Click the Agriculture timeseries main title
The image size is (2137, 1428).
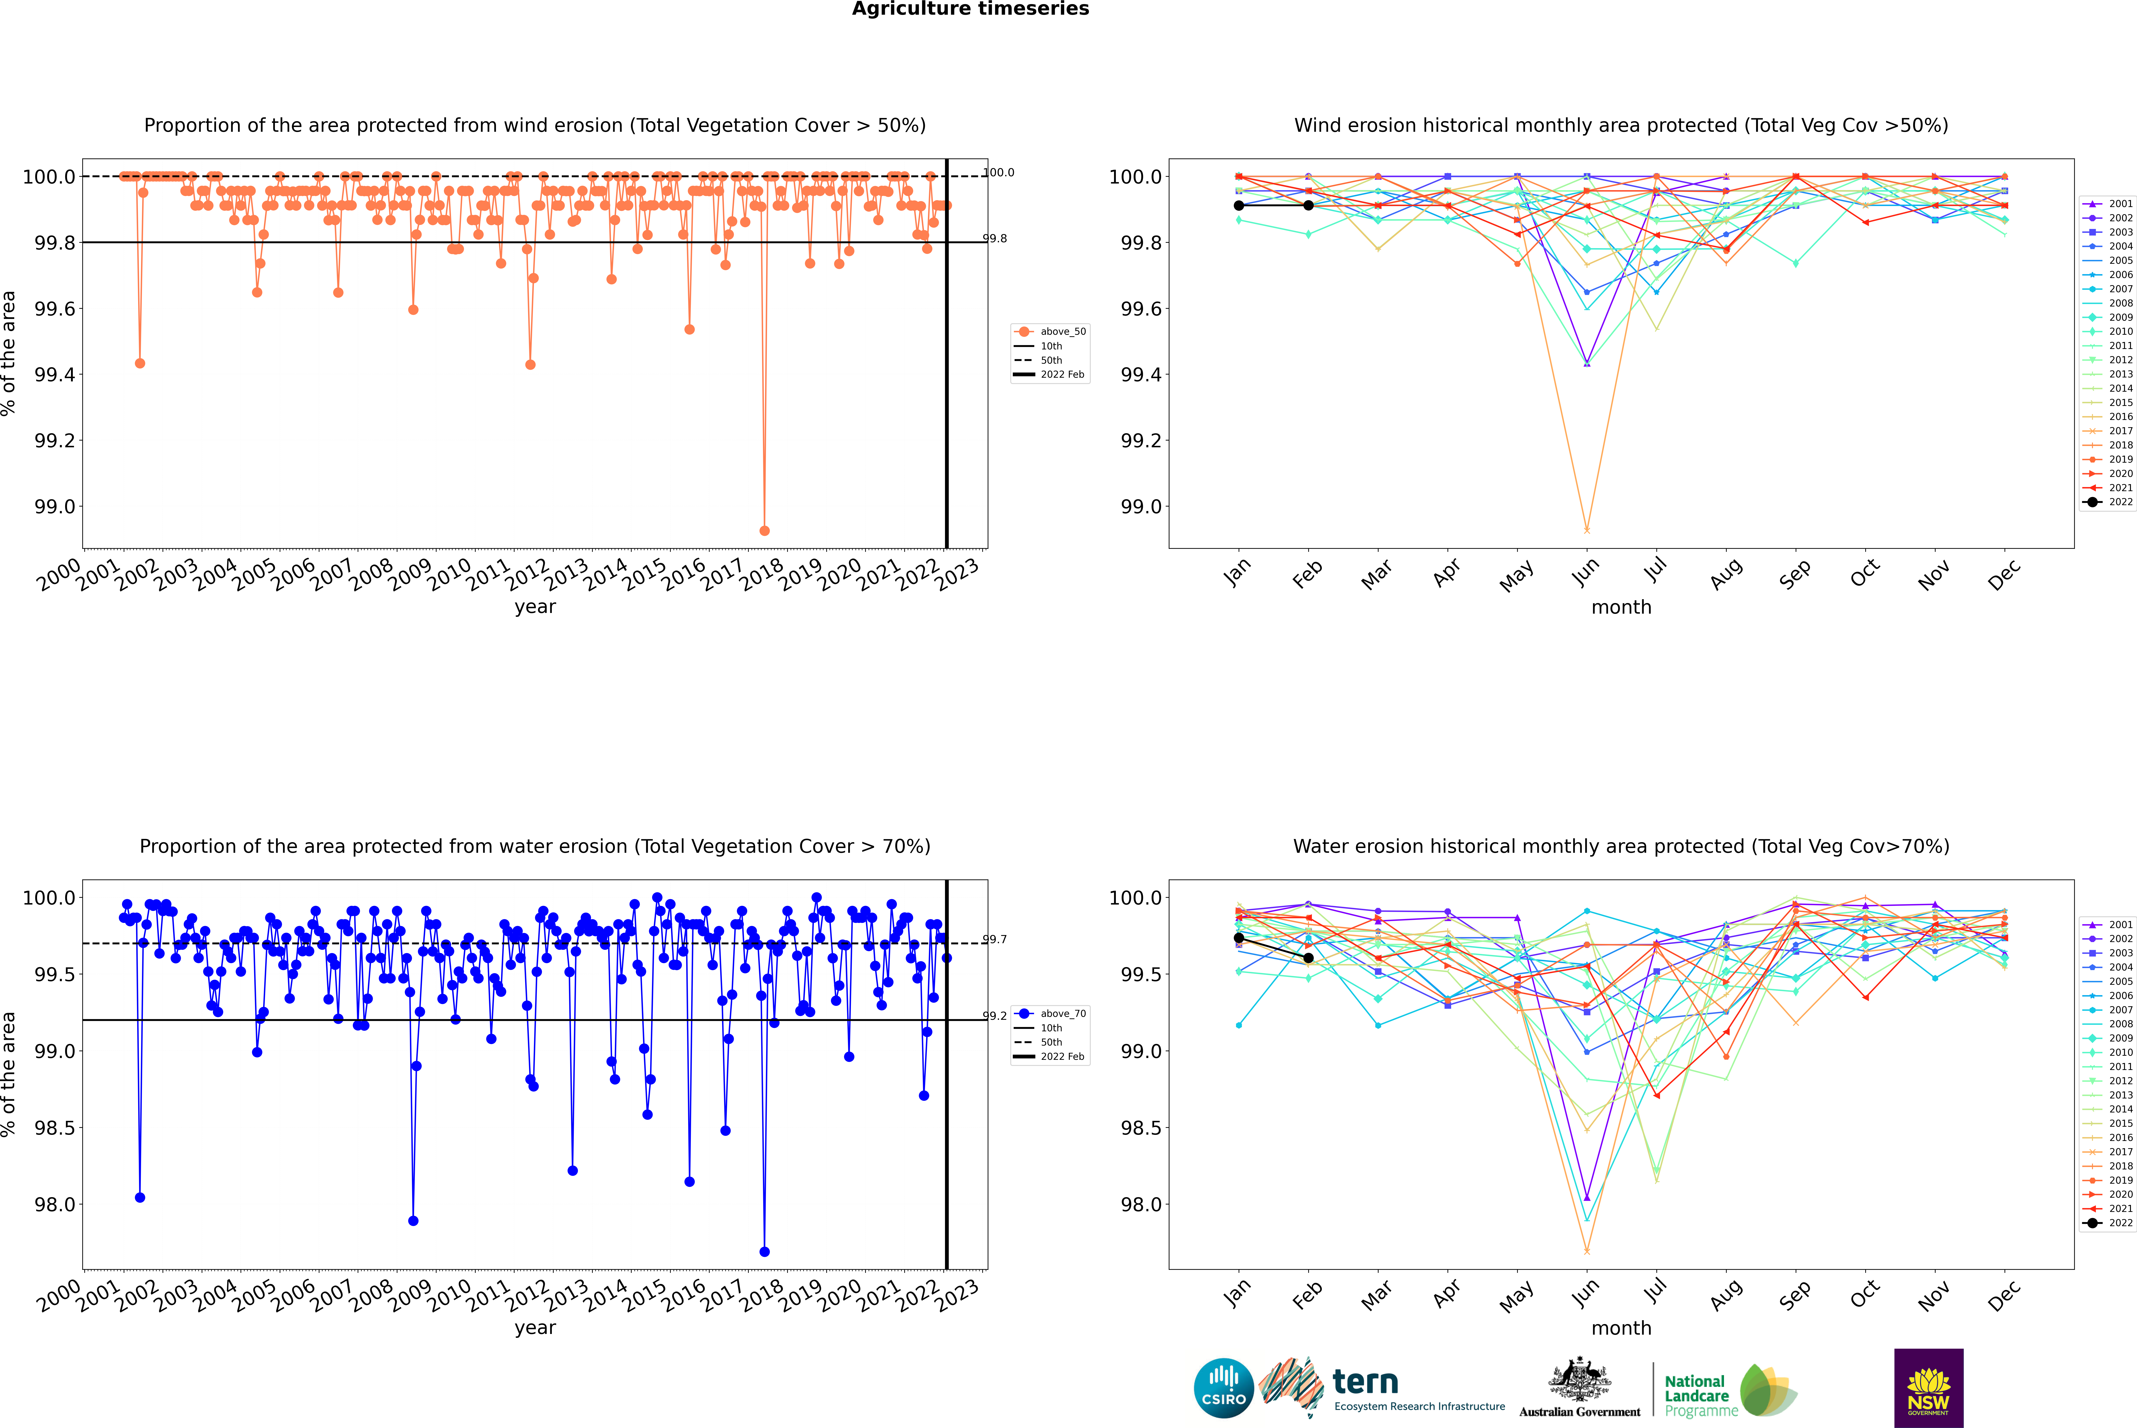pos(970,9)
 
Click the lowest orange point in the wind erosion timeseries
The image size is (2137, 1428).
pos(764,530)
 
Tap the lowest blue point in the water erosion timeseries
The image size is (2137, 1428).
pos(764,1251)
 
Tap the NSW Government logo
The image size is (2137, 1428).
pos(1928,1388)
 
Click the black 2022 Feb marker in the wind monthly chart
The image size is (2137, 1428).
pos(1308,206)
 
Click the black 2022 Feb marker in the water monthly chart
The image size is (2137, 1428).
pos(1308,958)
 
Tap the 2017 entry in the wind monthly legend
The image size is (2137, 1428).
pos(2120,431)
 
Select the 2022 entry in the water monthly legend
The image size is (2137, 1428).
pos(2120,1223)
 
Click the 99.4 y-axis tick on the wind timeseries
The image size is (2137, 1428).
pos(55,374)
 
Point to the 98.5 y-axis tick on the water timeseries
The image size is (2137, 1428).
pos(55,1127)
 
